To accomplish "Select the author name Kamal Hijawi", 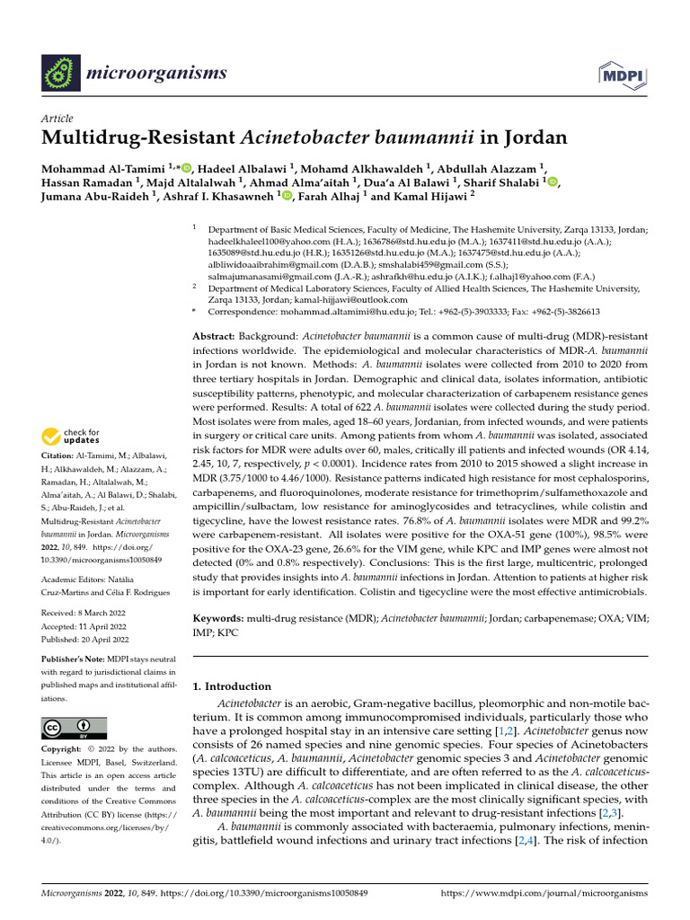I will point(431,196).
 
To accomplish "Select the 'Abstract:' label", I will point(215,334).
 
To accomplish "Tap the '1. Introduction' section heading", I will point(233,686).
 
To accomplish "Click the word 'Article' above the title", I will point(57,119).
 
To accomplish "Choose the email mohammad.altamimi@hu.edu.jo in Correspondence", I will point(351,313).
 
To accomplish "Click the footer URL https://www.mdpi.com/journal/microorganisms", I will point(545,895).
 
